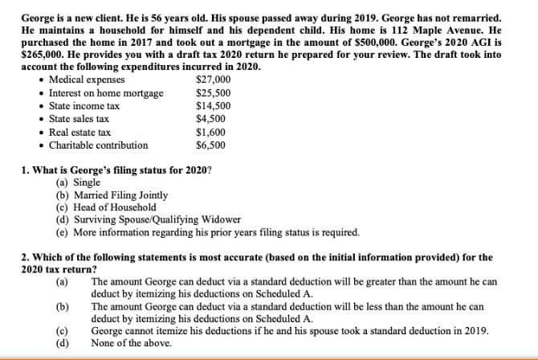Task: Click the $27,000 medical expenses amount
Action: click(213, 80)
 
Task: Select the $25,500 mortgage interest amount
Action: click(213, 93)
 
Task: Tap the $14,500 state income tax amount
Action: click(213, 106)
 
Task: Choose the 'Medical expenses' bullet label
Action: click(87, 80)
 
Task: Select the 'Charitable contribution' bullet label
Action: click(99, 145)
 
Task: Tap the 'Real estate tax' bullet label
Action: click(81, 132)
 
